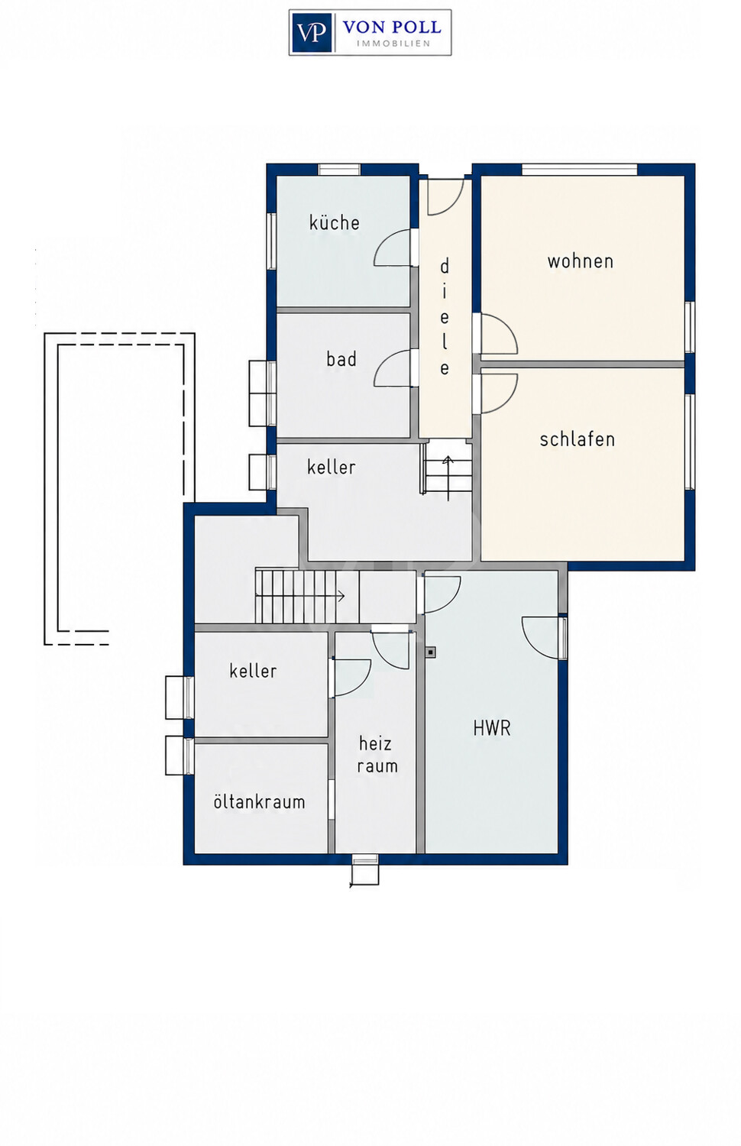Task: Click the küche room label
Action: tap(335, 222)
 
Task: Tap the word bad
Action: tap(341, 359)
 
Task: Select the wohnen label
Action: tap(581, 261)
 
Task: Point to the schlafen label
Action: tap(578, 439)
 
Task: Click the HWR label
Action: tap(492, 728)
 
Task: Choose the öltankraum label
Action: tap(259, 801)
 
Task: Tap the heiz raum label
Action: tap(377, 755)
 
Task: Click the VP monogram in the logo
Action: tap(312, 33)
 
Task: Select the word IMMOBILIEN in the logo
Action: tap(393, 44)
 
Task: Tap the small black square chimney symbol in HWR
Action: tap(431, 652)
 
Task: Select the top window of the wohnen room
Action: tap(579, 170)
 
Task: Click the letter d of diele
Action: tap(445, 266)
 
